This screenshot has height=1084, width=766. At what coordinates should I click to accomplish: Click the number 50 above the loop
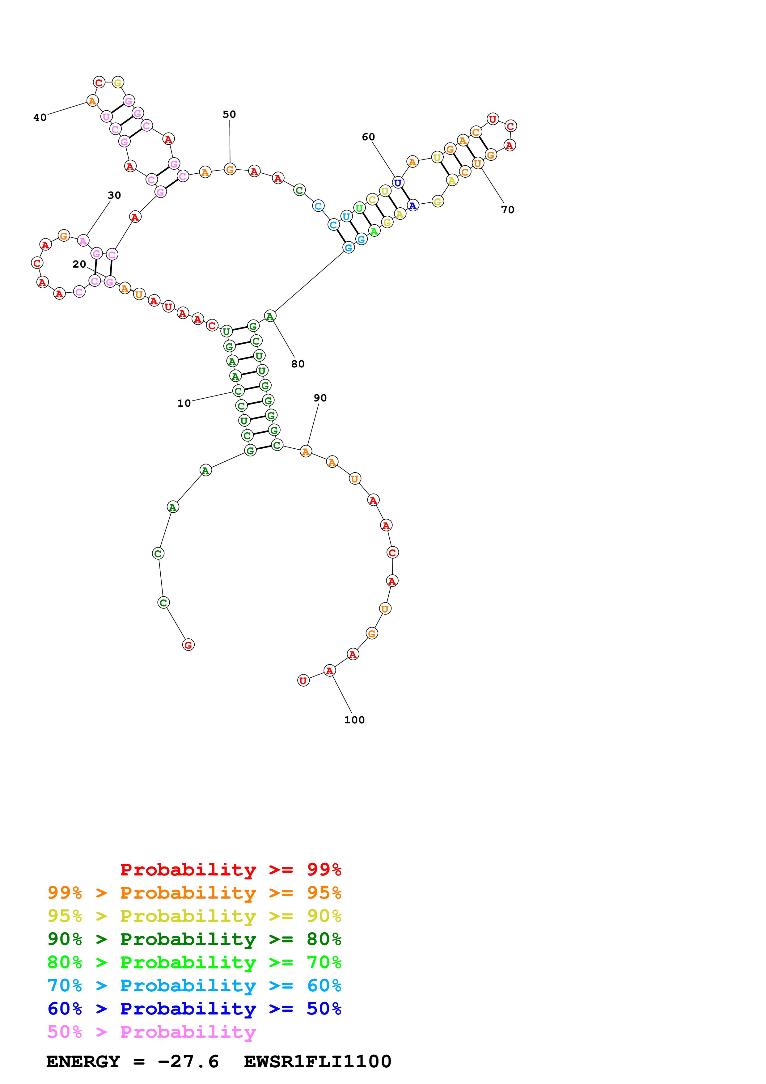click(x=229, y=114)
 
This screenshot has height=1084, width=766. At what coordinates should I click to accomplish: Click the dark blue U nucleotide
click(x=398, y=182)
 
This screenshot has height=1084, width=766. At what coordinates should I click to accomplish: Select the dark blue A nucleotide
click(x=413, y=206)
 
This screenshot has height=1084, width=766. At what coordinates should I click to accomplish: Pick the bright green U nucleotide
click(x=359, y=208)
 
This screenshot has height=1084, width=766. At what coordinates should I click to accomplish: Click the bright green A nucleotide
click(x=374, y=231)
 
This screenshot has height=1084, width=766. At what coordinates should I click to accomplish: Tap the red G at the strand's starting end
click(x=188, y=645)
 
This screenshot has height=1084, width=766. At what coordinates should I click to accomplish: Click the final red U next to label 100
click(x=303, y=680)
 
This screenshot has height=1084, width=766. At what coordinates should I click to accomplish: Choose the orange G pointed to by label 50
click(x=230, y=169)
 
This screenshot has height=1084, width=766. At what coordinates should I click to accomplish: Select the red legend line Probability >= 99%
click(x=230, y=869)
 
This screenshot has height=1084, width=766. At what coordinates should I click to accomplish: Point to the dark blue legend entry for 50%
click(x=194, y=1009)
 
